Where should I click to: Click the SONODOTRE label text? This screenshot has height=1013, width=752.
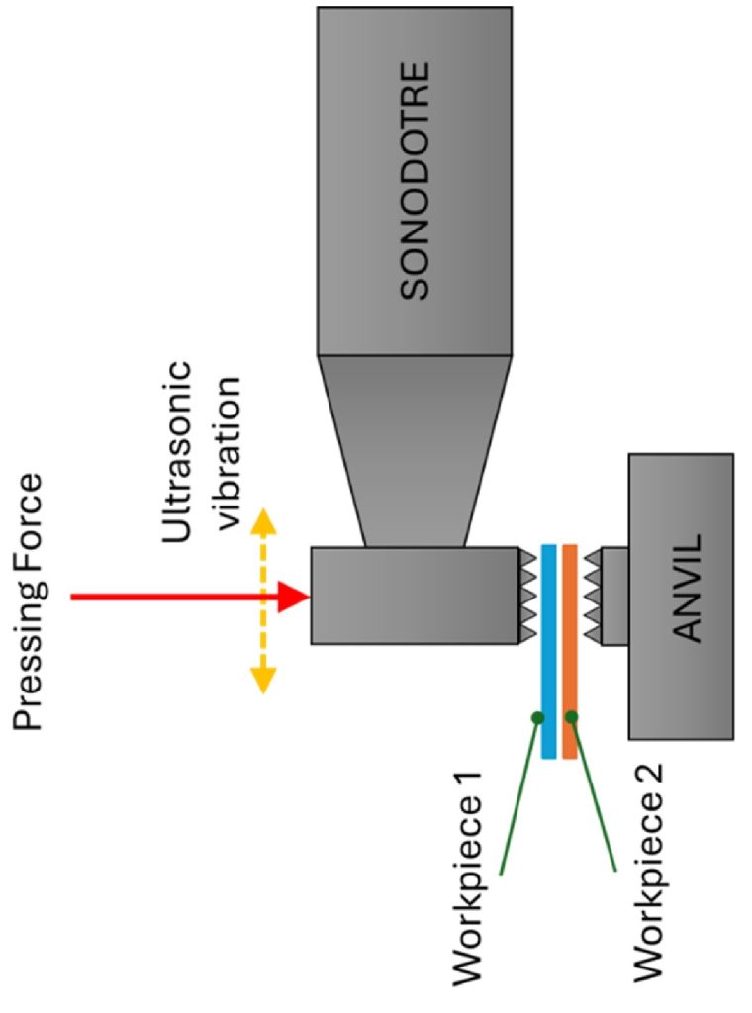[x=415, y=181]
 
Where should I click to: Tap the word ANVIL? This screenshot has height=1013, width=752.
[x=687, y=587]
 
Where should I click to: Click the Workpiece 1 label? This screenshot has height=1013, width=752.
[x=467, y=876]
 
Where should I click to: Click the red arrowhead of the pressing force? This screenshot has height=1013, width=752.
[x=294, y=596]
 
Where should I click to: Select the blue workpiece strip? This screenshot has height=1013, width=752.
[x=548, y=651]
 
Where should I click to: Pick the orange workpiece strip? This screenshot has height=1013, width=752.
[x=570, y=651]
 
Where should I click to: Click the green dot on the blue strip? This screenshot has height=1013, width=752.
[x=537, y=717]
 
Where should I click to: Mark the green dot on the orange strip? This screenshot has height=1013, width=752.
[x=571, y=716]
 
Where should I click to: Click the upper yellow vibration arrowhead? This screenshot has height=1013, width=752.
[x=263, y=524]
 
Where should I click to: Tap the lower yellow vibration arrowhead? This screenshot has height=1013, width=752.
[x=263, y=679]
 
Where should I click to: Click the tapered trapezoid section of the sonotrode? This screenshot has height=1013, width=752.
[x=415, y=451]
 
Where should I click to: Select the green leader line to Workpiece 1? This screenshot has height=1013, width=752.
[x=518, y=796]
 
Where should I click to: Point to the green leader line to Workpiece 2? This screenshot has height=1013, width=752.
[x=593, y=794]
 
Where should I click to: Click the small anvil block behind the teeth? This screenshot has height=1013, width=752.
[x=614, y=596]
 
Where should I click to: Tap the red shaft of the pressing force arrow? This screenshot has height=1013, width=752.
[x=174, y=597]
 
